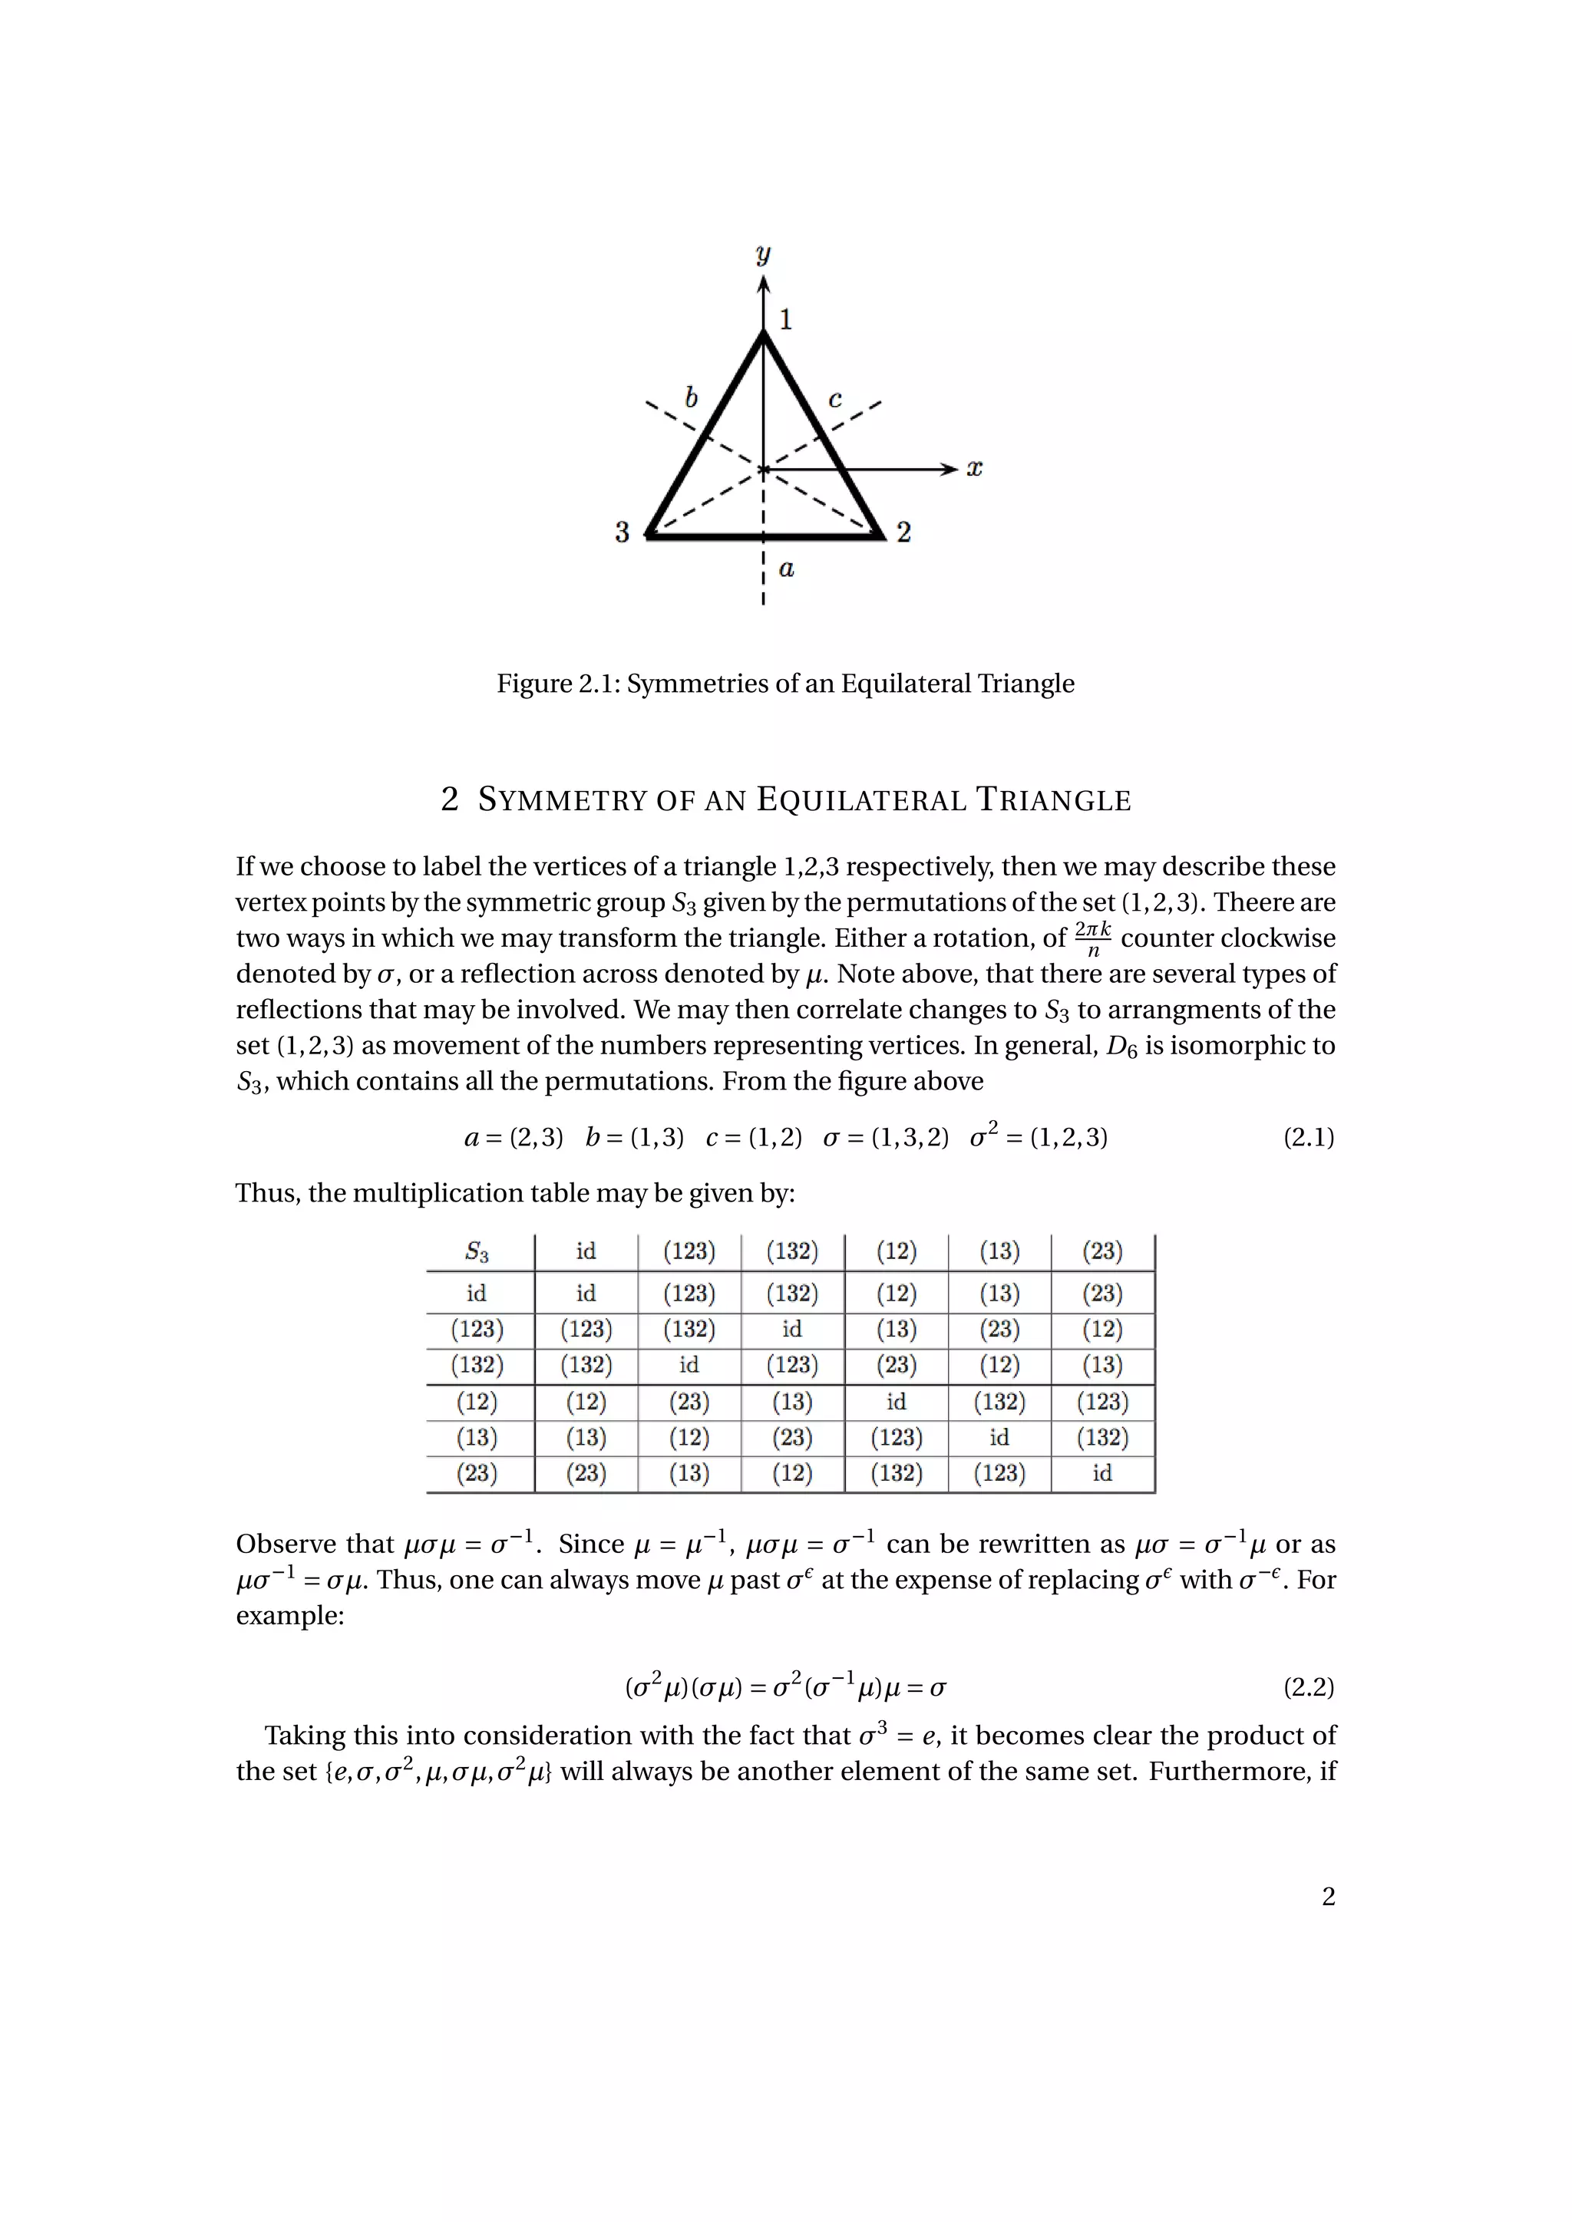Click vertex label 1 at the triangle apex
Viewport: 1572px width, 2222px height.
[786, 319]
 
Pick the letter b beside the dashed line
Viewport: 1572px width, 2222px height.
[691, 397]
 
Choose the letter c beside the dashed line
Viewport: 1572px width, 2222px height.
[835, 399]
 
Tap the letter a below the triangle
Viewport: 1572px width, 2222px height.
[787, 569]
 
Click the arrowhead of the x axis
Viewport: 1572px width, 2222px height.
[949, 470]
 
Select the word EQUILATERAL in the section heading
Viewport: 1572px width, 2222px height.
[861, 800]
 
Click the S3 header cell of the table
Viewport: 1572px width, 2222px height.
[477, 1251]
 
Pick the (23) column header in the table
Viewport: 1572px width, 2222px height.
[1102, 1251]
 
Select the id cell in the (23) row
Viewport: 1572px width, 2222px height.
[1102, 1474]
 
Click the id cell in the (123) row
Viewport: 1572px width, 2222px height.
[792, 1330]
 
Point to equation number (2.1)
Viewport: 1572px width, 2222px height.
[1309, 1137]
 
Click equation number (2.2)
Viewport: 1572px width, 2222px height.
[1309, 1688]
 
